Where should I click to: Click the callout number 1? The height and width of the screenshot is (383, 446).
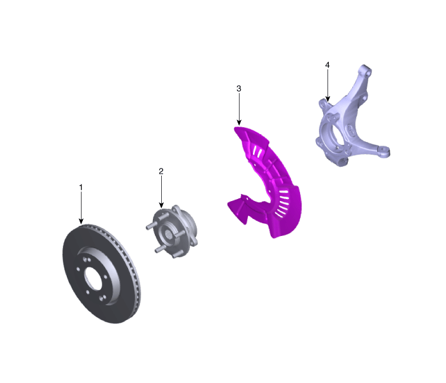coord(81,188)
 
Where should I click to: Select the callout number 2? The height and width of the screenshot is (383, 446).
coord(161,171)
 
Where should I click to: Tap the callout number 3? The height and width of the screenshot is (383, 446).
coord(239,88)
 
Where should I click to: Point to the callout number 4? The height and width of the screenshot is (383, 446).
coord(327,65)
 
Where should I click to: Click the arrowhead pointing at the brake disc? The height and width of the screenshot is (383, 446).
coord(81,221)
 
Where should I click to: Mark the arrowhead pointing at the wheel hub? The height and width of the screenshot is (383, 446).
coord(161,205)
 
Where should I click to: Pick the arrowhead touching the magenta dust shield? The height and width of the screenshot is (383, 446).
coord(239,122)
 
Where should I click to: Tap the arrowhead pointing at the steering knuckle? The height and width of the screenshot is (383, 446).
coord(327,99)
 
